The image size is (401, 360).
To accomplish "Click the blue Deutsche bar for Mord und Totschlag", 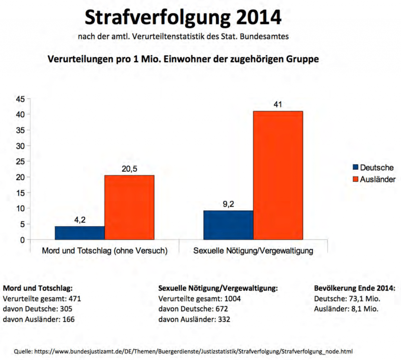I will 79,233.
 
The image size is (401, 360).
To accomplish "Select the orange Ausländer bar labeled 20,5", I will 129,207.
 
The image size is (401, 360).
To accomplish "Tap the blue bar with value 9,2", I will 228,225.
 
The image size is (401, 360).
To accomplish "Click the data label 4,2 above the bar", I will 79,220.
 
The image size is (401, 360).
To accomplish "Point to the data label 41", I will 278,104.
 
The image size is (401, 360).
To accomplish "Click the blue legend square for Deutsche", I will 355,167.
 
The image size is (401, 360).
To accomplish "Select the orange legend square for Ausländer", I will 355,179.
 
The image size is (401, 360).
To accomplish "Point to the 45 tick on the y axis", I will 20,99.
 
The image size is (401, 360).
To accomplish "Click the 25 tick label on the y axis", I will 20,162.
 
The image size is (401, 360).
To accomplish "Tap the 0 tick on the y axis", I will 23,240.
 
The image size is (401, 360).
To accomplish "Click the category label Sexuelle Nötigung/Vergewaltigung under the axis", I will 253,251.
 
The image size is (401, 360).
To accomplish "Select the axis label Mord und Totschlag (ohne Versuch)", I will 105,251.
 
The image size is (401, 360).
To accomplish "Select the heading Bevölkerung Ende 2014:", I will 355,288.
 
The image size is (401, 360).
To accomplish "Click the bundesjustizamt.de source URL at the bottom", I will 196,351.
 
